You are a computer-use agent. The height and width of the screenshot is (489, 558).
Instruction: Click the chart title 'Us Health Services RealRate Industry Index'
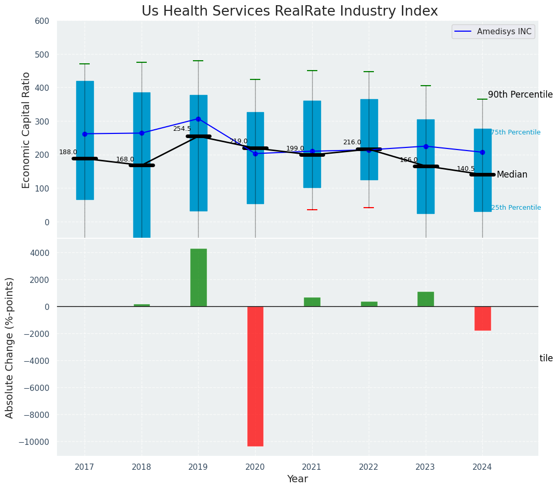pos(289,11)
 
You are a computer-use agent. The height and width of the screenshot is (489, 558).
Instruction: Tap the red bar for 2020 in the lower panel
pos(255,376)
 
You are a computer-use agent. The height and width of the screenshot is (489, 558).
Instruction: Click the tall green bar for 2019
pos(198,277)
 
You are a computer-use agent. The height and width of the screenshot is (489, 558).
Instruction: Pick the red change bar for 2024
pos(482,318)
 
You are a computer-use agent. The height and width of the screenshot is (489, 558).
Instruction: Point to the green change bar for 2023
pos(425,299)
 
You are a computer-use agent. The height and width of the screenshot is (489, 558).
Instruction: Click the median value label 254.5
pos(182,129)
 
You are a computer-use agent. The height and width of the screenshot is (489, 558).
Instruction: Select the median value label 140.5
pos(465,169)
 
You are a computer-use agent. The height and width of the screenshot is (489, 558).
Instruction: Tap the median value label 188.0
pos(68,152)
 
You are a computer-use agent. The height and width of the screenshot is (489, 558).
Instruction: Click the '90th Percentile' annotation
pos(520,94)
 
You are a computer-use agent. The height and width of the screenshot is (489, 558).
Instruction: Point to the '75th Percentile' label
pos(515,133)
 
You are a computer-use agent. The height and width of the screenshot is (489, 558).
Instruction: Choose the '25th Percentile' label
pos(515,208)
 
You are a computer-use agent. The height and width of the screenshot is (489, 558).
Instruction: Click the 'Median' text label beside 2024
pos(512,175)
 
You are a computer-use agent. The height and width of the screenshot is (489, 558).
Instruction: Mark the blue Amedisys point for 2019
pos(198,119)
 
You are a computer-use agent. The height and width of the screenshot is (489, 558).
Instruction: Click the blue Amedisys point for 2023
pos(426,146)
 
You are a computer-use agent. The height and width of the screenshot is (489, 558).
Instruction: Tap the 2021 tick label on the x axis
pos(312,467)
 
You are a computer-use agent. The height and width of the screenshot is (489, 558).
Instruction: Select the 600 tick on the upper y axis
pos(42,21)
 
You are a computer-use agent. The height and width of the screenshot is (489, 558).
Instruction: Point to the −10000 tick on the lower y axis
pos(35,442)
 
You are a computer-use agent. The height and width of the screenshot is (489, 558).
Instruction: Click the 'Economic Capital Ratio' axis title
pos(26,130)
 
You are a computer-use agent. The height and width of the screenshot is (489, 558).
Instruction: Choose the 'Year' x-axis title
pos(297,479)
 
